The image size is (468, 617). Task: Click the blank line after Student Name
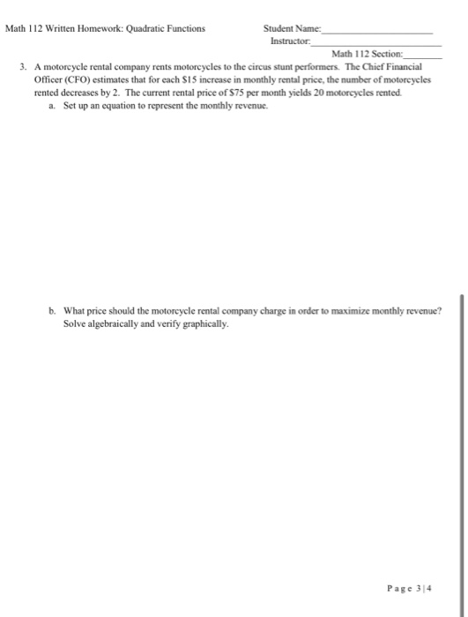[x=379, y=31]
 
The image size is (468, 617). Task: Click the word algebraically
[x=116, y=323]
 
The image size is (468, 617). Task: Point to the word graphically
[x=206, y=323]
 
